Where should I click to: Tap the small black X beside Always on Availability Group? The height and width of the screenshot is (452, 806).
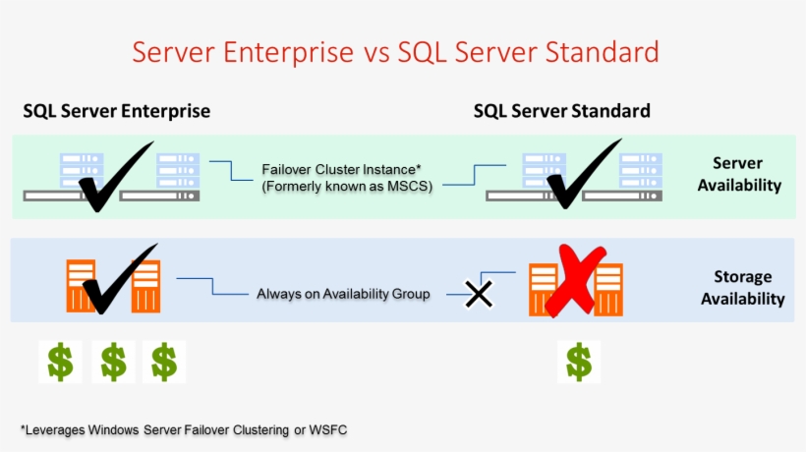coord(478,293)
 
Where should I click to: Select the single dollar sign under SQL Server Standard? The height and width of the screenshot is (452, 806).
coord(579,362)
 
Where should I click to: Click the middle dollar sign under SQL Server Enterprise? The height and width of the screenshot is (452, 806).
coord(112,362)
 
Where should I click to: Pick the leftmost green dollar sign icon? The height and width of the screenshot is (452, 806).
coord(60,362)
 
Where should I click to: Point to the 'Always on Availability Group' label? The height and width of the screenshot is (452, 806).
coord(343,294)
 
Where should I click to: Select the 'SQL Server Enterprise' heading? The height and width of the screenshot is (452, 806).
coord(116,111)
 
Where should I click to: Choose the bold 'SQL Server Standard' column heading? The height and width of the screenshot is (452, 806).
coord(561,111)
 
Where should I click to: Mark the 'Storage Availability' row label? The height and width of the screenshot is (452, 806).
coord(742,288)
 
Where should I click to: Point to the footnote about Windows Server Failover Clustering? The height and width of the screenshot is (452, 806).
coord(184,429)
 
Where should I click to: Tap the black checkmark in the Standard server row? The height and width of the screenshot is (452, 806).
coord(582,174)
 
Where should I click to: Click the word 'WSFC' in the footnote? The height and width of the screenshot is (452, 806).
coord(328,429)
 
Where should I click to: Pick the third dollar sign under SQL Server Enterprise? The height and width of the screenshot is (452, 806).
coord(164,362)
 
